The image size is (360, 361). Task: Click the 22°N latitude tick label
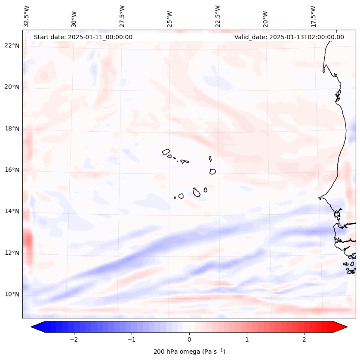(x=12, y=46)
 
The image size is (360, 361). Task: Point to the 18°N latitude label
(x=12, y=129)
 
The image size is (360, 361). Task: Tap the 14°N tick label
(x=12, y=211)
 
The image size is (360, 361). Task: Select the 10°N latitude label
(x=12, y=294)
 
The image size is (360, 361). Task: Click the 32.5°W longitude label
(x=27, y=16)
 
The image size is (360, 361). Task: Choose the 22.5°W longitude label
(x=218, y=16)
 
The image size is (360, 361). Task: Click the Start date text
(x=83, y=37)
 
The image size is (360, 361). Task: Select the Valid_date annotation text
(x=289, y=37)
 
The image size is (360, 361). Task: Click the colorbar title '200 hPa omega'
(x=189, y=352)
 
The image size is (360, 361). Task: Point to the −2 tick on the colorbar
(x=74, y=339)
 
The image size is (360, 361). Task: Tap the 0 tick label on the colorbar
(x=189, y=339)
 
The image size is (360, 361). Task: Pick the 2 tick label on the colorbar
(x=305, y=339)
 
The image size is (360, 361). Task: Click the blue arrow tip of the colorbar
(x=34, y=327)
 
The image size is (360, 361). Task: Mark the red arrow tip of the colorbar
(x=344, y=327)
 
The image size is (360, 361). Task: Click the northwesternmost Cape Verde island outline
(x=166, y=151)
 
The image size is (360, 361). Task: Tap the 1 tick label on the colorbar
(x=247, y=339)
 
